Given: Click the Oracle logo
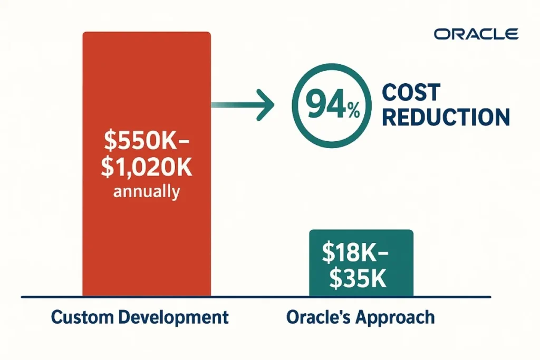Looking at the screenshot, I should point(476,34).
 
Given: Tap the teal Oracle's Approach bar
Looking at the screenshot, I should point(361,237).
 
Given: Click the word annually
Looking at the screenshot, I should point(147,191).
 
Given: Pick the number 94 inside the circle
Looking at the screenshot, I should point(323,105).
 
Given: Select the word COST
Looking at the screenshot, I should point(411,93).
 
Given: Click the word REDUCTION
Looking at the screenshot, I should point(446,117).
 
